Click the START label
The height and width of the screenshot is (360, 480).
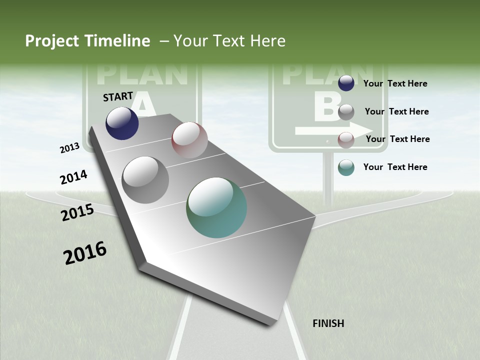pyautogui.click(x=118, y=96)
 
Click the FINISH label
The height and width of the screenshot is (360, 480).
pyautogui.click(x=328, y=323)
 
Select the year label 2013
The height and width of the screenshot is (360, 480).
pyautogui.click(x=70, y=147)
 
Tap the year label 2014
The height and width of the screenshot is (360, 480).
pyautogui.click(x=73, y=177)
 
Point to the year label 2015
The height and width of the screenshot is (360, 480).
pyautogui.click(x=77, y=212)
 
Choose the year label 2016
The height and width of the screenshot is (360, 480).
pyautogui.click(x=85, y=253)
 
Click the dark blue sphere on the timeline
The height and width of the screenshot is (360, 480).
pyautogui.click(x=122, y=123)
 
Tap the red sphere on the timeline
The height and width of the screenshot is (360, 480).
pyautogui.click(x=189, y=140)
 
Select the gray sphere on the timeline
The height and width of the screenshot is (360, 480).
pyautogui.click(x=145, y=180)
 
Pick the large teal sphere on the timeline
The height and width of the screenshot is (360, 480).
pyautogui.click(x=216, y=207)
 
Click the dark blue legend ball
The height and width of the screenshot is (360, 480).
pyautogui.click(x=346, y=83)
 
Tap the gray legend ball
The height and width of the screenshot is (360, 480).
pyautogui.click(x=346, y=112)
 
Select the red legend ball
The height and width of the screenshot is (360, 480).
pyautogui.click(x=346, y=139)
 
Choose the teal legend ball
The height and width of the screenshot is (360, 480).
pyautogui.click(x=346, y=167)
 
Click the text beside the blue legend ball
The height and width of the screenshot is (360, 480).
pyautogui.click(x=395, y=83)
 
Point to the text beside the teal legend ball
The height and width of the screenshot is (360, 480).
pyautogui.click(x=395, y=167)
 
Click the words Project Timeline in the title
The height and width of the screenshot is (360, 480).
pyautogui.click(x=87, y=41)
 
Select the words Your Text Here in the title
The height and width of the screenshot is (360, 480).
pyautogui.click(x=229, y=41)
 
